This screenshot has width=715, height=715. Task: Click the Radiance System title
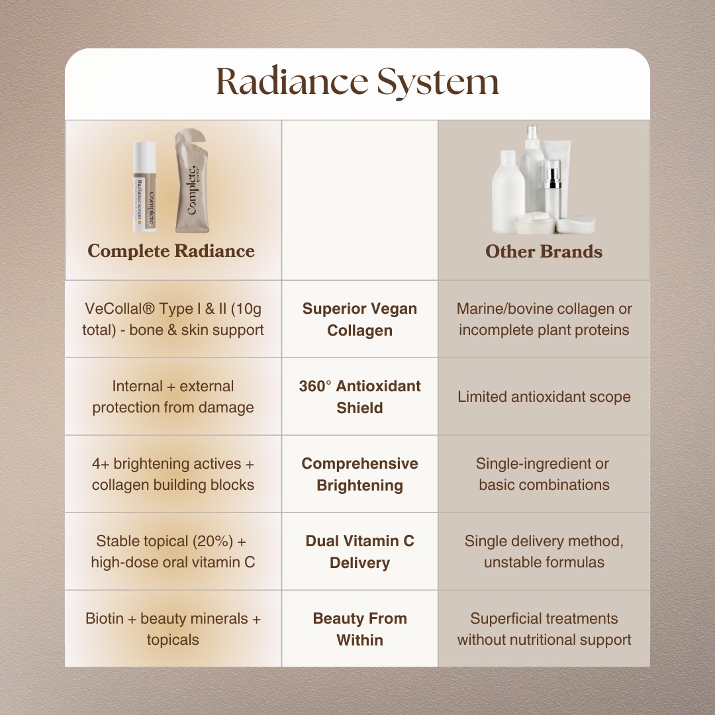point(358,83)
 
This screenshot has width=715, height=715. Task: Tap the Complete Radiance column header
point(171,251)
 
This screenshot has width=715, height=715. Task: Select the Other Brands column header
point(544,252)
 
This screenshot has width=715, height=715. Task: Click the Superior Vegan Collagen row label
point(359,319)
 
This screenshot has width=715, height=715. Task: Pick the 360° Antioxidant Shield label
point(359,397)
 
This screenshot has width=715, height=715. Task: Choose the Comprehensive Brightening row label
point(359,474)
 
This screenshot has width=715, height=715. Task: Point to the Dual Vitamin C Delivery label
point(359,551)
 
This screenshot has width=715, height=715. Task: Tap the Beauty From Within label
point(359,629)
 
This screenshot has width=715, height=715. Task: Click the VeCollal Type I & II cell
point(173,319)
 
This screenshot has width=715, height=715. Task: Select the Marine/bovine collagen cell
point(544,319)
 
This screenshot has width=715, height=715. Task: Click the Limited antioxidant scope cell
point(544,397)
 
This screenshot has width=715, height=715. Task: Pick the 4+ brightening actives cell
point(173,474)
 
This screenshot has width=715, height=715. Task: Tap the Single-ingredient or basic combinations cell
point(544,474)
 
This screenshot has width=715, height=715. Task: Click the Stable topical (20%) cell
point(173,551)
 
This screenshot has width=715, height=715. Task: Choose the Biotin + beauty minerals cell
point(173,629)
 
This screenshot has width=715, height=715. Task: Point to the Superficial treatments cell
point(544,629)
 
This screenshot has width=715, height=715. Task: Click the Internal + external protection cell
point(173,397)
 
